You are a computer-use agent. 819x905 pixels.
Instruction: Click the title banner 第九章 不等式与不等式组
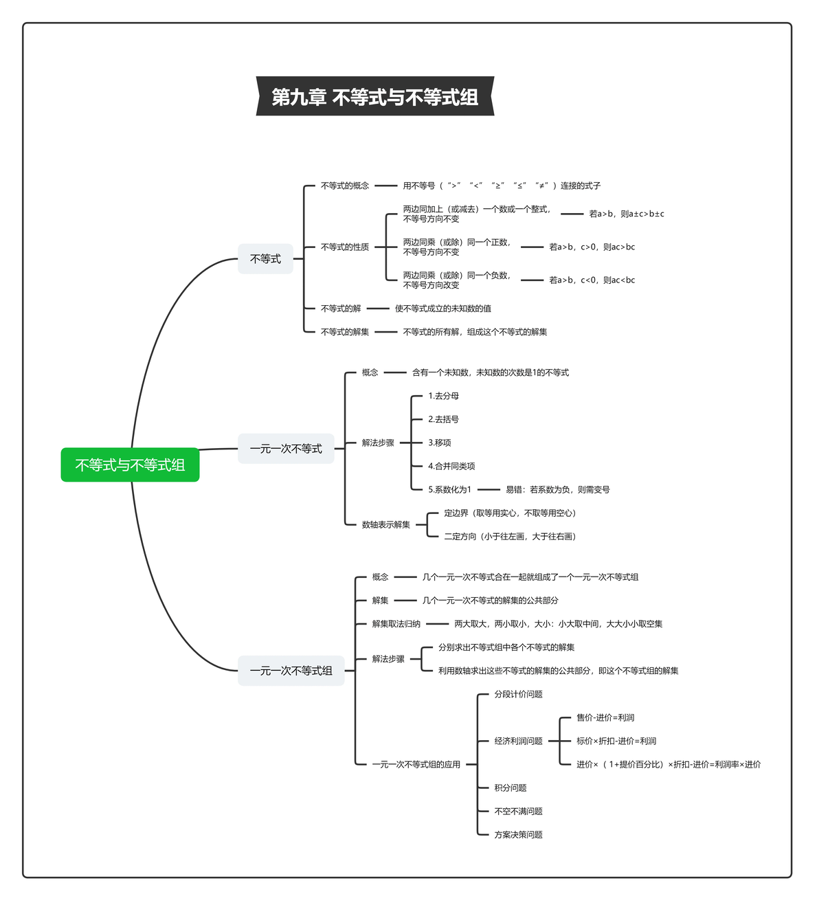tap(375, 96)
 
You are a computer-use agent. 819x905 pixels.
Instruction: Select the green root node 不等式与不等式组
tap(130, 465)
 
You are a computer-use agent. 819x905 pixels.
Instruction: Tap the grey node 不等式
tap(265, 259)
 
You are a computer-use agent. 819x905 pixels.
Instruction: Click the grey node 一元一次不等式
tap(286, 449)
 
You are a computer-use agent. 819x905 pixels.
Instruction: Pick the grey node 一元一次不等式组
tap(291, 671)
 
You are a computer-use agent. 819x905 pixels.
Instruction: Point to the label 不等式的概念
tap(345, 186)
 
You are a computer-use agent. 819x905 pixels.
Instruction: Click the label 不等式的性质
tap(345, 247)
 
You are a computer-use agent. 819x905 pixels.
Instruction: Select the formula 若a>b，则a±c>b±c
tap(627, 214)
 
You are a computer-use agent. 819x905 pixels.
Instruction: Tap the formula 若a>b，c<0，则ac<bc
tap(592, 280)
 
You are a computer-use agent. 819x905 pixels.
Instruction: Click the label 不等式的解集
tap(345, 332)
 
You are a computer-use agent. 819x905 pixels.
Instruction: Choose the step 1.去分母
tap(443, 396)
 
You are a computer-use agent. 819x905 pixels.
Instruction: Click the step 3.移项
tap(440, 443)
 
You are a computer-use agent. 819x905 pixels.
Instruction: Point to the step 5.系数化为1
tap(449, 489)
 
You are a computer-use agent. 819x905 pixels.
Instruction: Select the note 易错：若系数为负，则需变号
tap(557, 489)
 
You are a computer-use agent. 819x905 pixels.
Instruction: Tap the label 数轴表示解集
tap(386, 525)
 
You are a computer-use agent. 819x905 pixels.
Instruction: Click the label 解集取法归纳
tap(396, 623)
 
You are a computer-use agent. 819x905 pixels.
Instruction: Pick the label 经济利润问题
tap(518, 741)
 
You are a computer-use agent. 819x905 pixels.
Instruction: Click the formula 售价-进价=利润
tap(605, 717)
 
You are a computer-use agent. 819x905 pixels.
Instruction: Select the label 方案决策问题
tap(518, 835)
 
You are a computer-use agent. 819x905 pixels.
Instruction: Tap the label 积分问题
tap(510, 787)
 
